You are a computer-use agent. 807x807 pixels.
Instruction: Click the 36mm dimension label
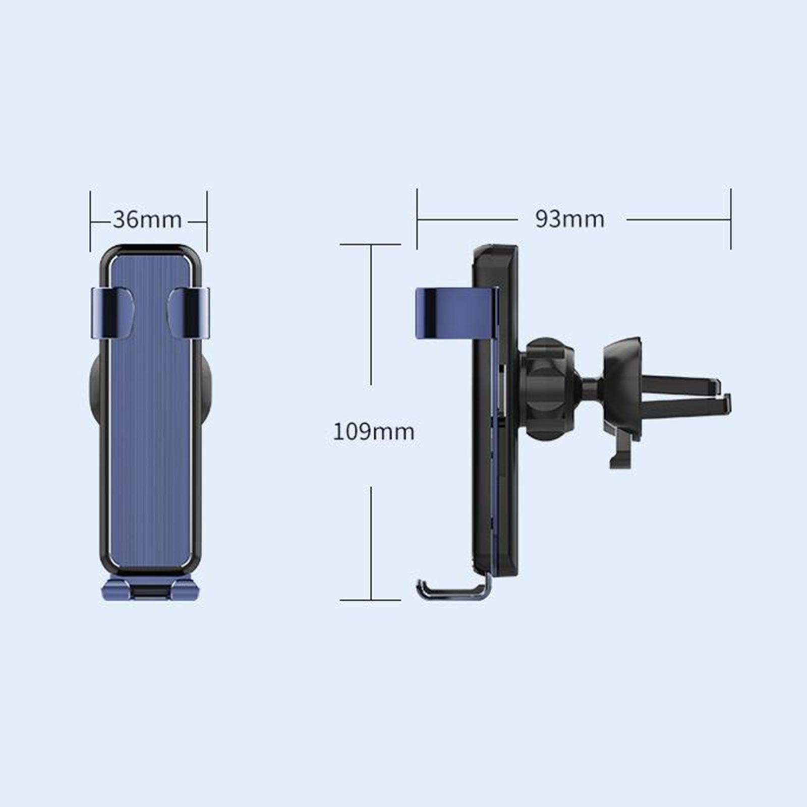pos(147,220)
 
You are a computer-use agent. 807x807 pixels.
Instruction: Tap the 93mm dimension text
pos(569,219)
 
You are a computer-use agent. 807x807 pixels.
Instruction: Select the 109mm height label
pos(373,432)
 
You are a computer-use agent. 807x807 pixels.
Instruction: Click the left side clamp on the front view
pos(112,313)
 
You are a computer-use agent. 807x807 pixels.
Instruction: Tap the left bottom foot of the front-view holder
pos(117,589)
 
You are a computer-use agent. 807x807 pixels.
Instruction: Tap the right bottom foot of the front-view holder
pos(185,589)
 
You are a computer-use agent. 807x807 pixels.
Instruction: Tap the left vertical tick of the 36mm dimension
pos(90,221)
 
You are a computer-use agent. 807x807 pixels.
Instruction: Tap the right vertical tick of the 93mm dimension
pos(730,219)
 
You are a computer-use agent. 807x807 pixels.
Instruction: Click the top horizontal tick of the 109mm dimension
pos(371,245)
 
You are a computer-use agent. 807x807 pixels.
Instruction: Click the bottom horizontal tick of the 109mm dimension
pos(371,600)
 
